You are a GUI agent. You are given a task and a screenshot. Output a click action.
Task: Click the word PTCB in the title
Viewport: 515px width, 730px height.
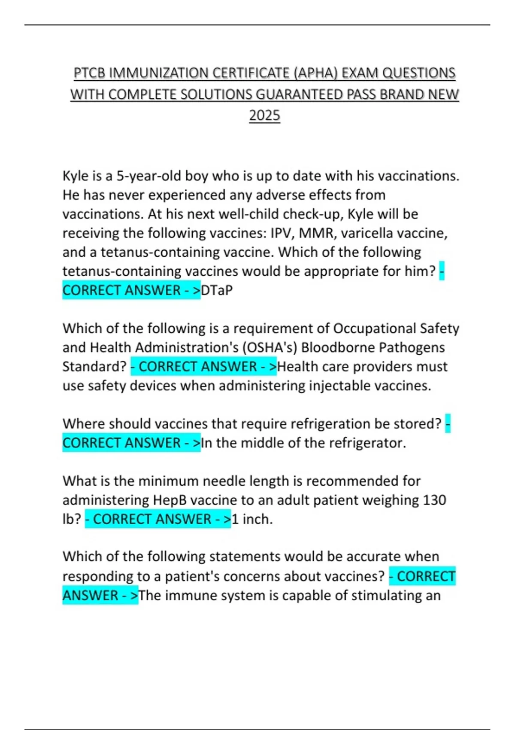coord(89,73)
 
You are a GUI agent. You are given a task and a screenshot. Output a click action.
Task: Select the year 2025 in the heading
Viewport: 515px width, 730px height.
coord(264,115)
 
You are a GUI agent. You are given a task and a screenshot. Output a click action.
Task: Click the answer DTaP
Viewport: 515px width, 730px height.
coord(217,290)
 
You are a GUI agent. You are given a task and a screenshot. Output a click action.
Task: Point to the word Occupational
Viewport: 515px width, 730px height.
coord(374,328)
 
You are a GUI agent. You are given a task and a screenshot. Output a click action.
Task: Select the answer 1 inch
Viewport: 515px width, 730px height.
coord(252,519)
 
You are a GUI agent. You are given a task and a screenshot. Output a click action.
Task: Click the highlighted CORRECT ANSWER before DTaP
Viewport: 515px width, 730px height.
coord(121,290)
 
